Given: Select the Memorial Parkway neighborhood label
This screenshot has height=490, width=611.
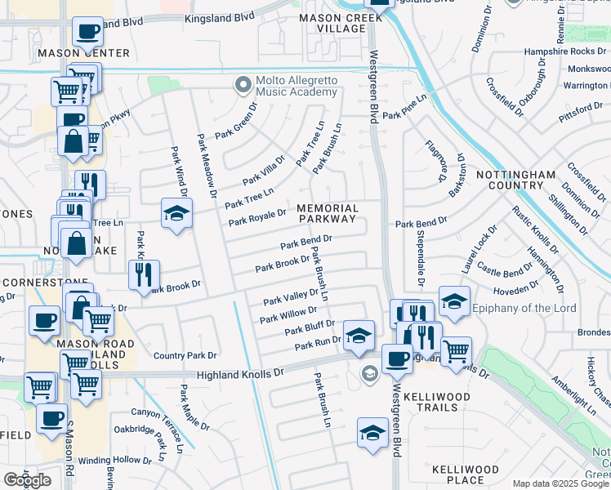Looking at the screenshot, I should tap(327, 213).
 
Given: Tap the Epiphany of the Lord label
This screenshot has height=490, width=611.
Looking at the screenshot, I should tap(524, 309).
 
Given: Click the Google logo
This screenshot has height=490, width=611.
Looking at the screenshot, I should tap(27, 480).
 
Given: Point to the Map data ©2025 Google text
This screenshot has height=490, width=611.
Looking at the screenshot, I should tap(560, 483).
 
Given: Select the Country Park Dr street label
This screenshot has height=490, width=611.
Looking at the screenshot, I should tap(185, 356).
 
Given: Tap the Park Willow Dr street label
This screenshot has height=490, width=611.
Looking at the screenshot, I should tap(288, 314).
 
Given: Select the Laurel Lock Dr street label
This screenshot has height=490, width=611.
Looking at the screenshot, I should tap(483, 249).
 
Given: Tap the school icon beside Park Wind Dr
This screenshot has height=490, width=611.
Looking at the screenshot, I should tap(176, 214).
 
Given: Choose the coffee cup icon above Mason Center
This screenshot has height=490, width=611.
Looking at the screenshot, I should tap(87, 33).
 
